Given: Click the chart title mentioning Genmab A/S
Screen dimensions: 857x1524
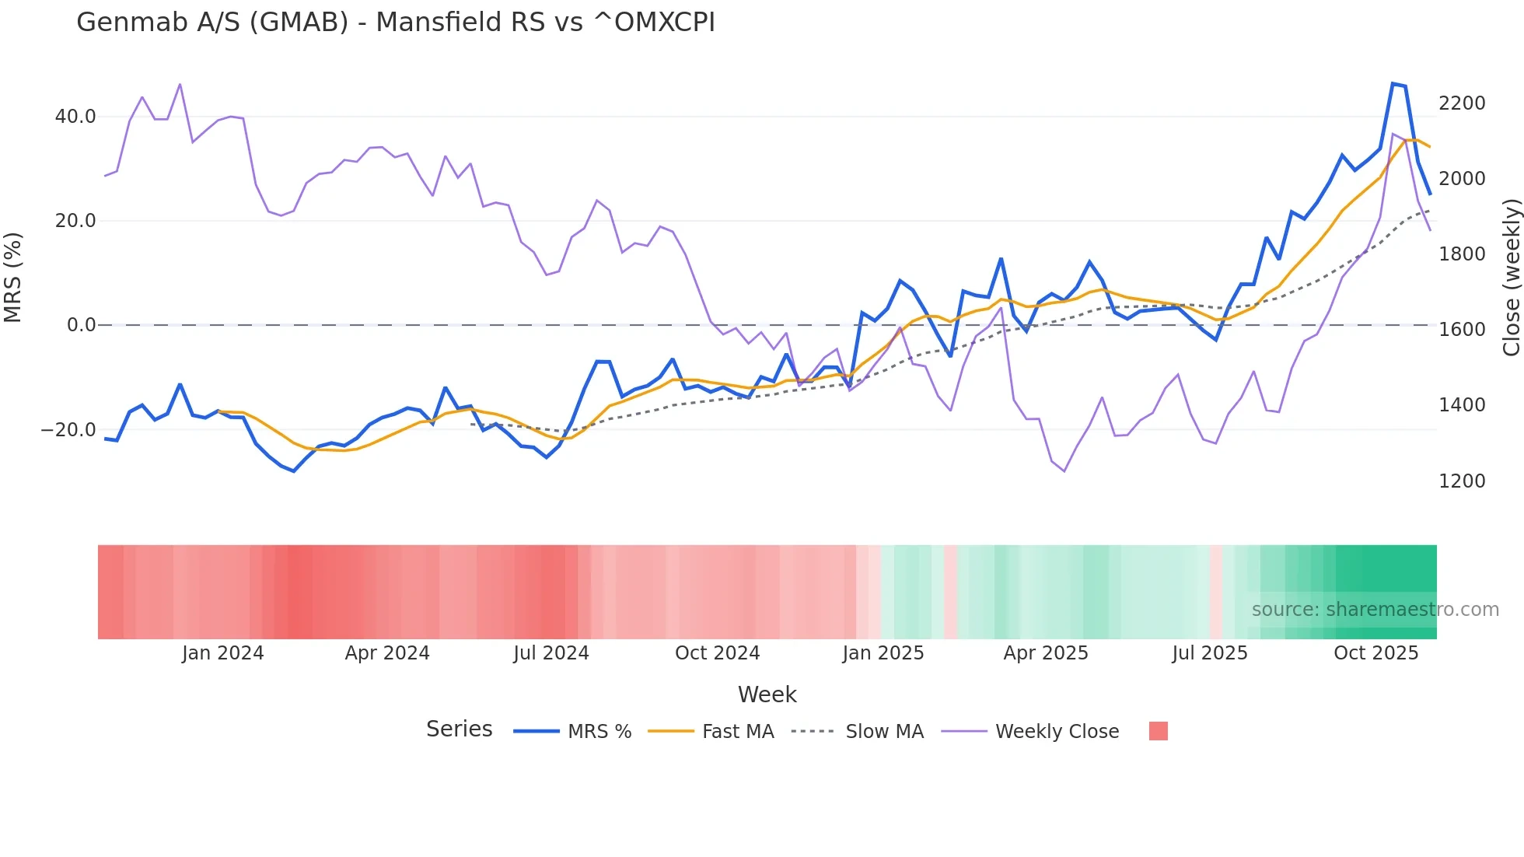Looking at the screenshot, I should [395, 23].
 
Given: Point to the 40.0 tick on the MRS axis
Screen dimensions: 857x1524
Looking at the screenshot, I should [75, 117].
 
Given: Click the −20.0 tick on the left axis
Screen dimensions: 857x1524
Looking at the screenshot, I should [68, 430].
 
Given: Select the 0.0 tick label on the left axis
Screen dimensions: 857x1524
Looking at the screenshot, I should [81, 325].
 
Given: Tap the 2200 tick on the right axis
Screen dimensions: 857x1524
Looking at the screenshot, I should [1462, 103].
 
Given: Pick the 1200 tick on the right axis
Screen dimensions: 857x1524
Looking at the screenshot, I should [1462, 481].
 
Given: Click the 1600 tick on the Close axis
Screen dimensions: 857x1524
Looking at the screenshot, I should [1462, 330].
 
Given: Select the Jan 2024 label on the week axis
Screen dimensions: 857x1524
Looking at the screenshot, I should [223, 653].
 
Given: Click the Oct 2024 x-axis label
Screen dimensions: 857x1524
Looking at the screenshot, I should [717, 653].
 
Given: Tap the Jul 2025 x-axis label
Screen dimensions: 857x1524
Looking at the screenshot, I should [1209, 653].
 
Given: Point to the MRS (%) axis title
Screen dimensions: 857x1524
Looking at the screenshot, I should [13, 278].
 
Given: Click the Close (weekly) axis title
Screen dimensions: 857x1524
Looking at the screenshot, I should [1511, 278].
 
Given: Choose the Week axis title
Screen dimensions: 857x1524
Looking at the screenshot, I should [767, 694].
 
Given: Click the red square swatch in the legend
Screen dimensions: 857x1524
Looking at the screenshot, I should [1158, 731].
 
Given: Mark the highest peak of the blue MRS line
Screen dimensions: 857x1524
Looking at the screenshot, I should [1393, 83].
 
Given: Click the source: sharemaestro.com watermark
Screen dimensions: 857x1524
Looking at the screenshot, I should [1375, 610].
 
